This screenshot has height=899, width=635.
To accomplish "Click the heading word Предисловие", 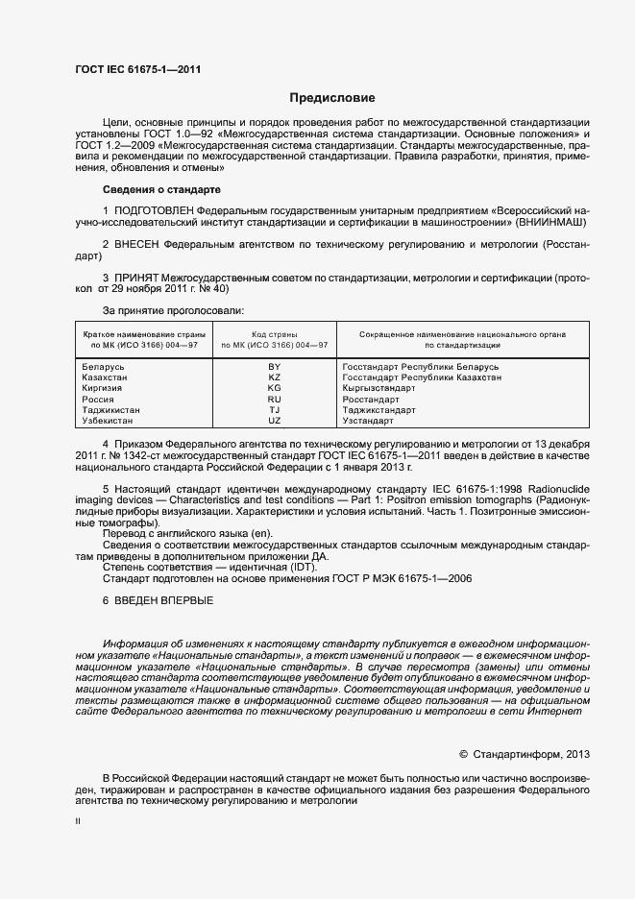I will point(332,98).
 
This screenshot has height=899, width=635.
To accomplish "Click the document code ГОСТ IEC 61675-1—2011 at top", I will point(138,68).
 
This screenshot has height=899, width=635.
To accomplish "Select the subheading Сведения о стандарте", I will point(161,190).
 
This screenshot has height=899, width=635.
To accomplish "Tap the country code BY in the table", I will point(274,367).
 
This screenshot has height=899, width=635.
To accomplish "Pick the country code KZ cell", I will point(274,377).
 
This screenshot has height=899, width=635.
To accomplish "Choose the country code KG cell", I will point(274,388).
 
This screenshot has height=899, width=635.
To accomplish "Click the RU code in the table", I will point(274,399).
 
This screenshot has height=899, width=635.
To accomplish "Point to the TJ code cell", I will point(274,410).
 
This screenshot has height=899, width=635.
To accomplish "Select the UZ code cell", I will point(274,421).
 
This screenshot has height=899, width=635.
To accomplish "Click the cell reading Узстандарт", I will point(368,421).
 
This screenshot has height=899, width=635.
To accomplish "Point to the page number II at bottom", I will point(78,822).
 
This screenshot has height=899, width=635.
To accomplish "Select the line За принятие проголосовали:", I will point(173,310).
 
